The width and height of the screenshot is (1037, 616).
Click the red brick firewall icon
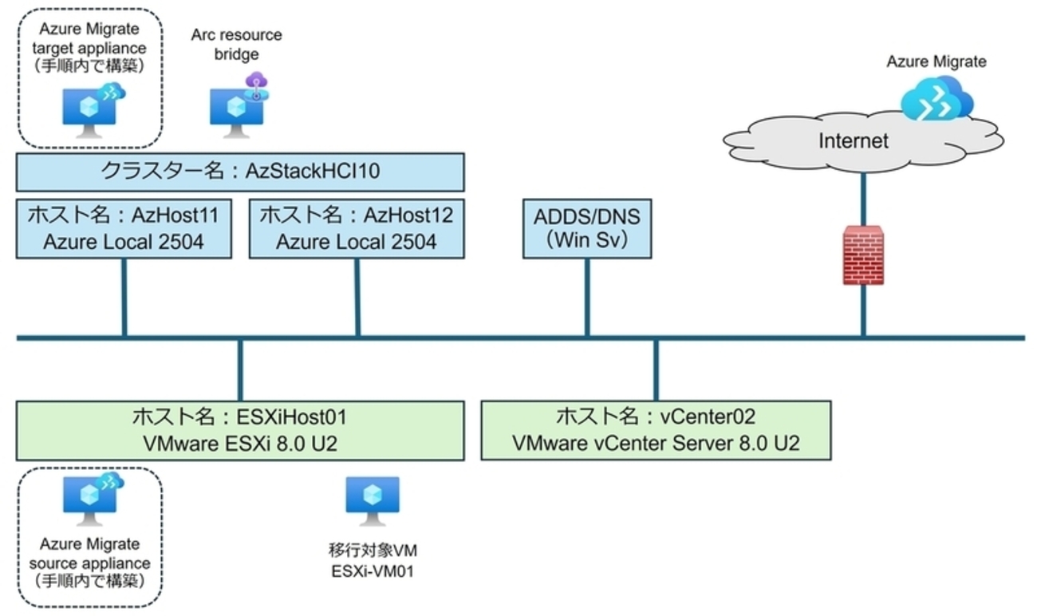[863, 255]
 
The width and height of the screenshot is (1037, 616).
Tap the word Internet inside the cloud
[852, 141]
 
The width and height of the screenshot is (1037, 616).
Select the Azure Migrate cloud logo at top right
[936, 98]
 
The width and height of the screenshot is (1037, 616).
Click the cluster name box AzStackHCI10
[239, 172]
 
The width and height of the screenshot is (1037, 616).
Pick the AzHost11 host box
[124, 228]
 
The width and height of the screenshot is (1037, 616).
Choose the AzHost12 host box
[357, 228]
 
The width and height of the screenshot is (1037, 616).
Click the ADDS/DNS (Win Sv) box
[586, 228]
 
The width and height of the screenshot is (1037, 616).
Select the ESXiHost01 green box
[239, 430]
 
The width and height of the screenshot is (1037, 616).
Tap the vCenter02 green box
[656, 430]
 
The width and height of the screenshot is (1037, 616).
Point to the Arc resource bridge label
[237, 44]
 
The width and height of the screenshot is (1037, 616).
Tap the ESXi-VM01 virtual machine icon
[372, 500]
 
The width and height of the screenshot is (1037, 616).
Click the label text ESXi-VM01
[372, 571]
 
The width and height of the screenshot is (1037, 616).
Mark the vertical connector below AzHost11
[124, 297]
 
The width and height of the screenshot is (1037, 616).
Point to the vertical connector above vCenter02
[656, 369]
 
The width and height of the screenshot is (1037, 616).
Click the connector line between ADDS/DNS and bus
[587, 297]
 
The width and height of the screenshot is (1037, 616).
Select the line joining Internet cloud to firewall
[863, 195]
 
